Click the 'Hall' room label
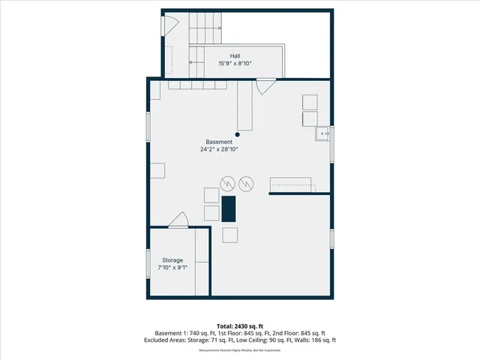235,56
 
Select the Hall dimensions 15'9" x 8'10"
235,64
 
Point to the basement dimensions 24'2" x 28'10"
220,149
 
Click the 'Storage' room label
172,259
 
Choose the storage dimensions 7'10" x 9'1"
172,267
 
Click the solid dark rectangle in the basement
229,208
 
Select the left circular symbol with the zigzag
227,182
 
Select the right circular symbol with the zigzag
247,182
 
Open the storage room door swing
178,220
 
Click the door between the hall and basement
265,86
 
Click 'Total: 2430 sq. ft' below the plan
239,325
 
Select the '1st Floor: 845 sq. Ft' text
236,332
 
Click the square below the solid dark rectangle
229,234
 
